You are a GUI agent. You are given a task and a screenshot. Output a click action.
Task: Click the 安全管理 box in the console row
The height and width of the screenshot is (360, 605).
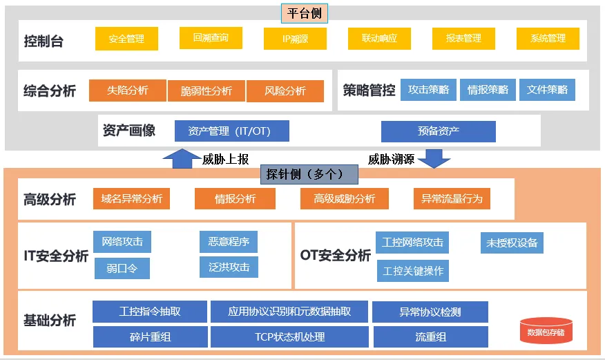tap(126, 39)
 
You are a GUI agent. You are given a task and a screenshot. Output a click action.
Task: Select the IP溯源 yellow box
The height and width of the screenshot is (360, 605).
tap(295, 39)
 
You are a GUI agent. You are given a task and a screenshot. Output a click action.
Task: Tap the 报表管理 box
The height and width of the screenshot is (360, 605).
tap(463, 39)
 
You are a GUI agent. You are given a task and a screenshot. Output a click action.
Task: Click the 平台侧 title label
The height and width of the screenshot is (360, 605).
tap(305, 13)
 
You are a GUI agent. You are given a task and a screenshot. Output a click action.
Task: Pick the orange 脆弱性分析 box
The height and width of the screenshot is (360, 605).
tap(206, 91)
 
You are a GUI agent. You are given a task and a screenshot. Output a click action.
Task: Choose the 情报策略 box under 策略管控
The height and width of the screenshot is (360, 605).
tap(488, 90)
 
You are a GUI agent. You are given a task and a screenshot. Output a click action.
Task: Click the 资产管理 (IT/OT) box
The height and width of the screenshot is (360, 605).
tap(231, 131)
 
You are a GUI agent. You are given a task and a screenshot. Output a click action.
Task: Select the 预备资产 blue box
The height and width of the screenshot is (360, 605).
tap(438, 131)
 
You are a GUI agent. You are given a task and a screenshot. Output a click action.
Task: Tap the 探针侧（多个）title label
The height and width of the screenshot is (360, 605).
tap(309, 174)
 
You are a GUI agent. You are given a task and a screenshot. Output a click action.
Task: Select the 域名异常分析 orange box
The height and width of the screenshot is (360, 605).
tap(131, 199)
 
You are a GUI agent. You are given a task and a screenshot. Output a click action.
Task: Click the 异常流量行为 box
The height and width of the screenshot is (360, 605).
tap(452, 199)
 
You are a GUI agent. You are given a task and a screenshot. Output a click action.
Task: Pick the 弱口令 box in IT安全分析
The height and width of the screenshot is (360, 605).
tap(122, 268)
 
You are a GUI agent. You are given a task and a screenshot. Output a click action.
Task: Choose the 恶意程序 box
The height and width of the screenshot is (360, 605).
tap(229, 242)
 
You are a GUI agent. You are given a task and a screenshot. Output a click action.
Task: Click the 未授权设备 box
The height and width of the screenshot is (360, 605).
tap(512, 243)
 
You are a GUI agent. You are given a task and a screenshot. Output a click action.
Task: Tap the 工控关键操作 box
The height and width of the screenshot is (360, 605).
tap(414, 271)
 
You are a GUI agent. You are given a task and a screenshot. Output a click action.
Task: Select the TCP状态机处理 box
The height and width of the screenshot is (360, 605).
tap(289, 337)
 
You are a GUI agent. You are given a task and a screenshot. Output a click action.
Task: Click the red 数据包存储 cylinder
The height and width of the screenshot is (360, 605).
tap(546, 331)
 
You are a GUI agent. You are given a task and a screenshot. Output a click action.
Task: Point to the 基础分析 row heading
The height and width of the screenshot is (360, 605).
tap(50, 321)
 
